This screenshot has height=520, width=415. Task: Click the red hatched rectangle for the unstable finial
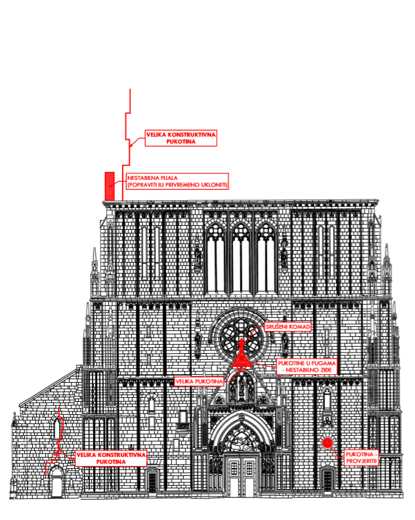(110, 185)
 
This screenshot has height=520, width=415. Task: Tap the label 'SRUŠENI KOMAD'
(287, 326)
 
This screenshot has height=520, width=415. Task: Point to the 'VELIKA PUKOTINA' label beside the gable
(199, 380)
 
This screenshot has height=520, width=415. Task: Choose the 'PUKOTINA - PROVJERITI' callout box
(361, 457)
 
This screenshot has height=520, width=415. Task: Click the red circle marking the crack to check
(326, 443)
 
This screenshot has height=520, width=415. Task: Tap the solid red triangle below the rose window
(241, 359)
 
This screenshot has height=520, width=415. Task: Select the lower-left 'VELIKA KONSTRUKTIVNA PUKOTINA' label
(110, 458)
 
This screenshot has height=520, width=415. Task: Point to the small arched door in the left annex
(56, 484)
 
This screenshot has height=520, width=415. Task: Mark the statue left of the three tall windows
(197, 255)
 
